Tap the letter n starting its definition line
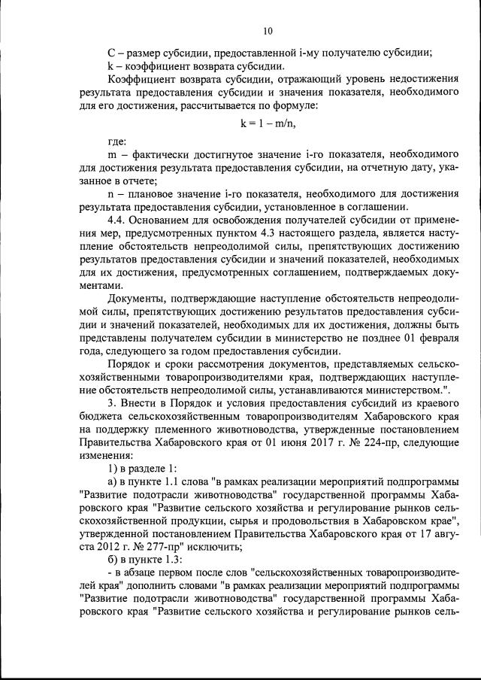pyautogui.click(x=111, y=194)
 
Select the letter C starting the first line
pyautogui.click(x=111, y=52)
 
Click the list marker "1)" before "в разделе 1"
pyautogui.click(x=113, y=469)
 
